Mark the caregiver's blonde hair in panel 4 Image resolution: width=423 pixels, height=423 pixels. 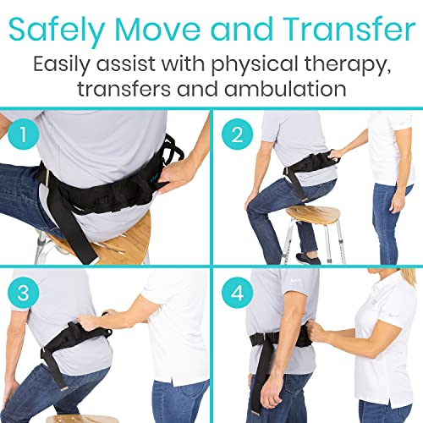(399, 279)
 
